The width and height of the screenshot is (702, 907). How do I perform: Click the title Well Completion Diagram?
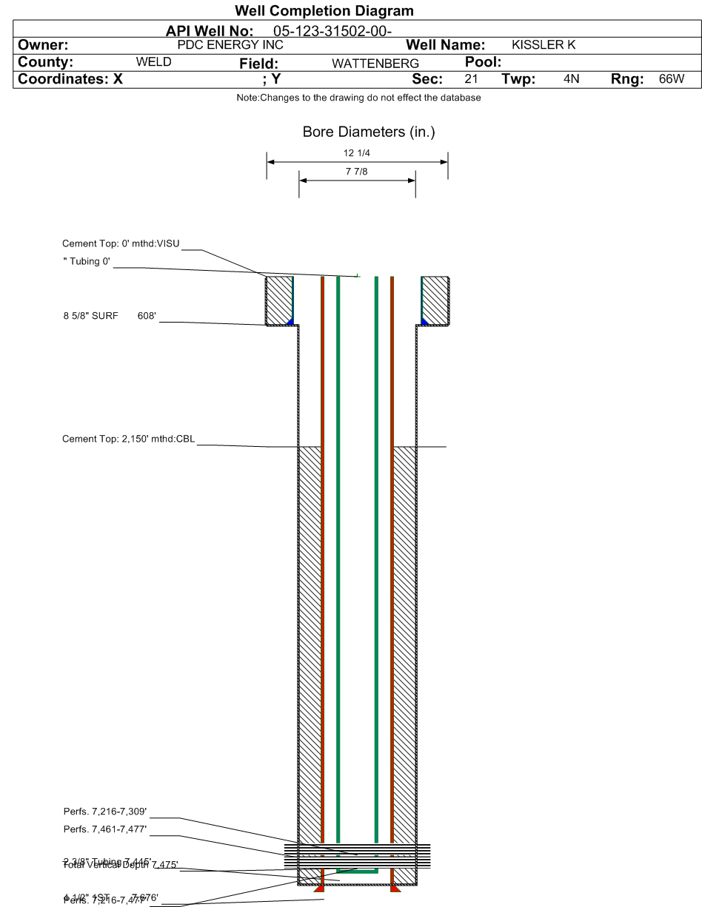tap(324, 11)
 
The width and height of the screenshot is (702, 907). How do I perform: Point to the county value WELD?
tap(154, 62)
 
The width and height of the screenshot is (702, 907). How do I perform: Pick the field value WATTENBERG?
tap(375, 64)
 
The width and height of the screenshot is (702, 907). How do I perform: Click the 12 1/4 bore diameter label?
tap(358, 153)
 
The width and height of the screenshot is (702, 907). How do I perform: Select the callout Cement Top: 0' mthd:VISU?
tap(121, 243)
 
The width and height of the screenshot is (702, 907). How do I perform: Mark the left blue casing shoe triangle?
tap(290, 322)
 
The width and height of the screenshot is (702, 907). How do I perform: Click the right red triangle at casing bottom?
tap(395, 888)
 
